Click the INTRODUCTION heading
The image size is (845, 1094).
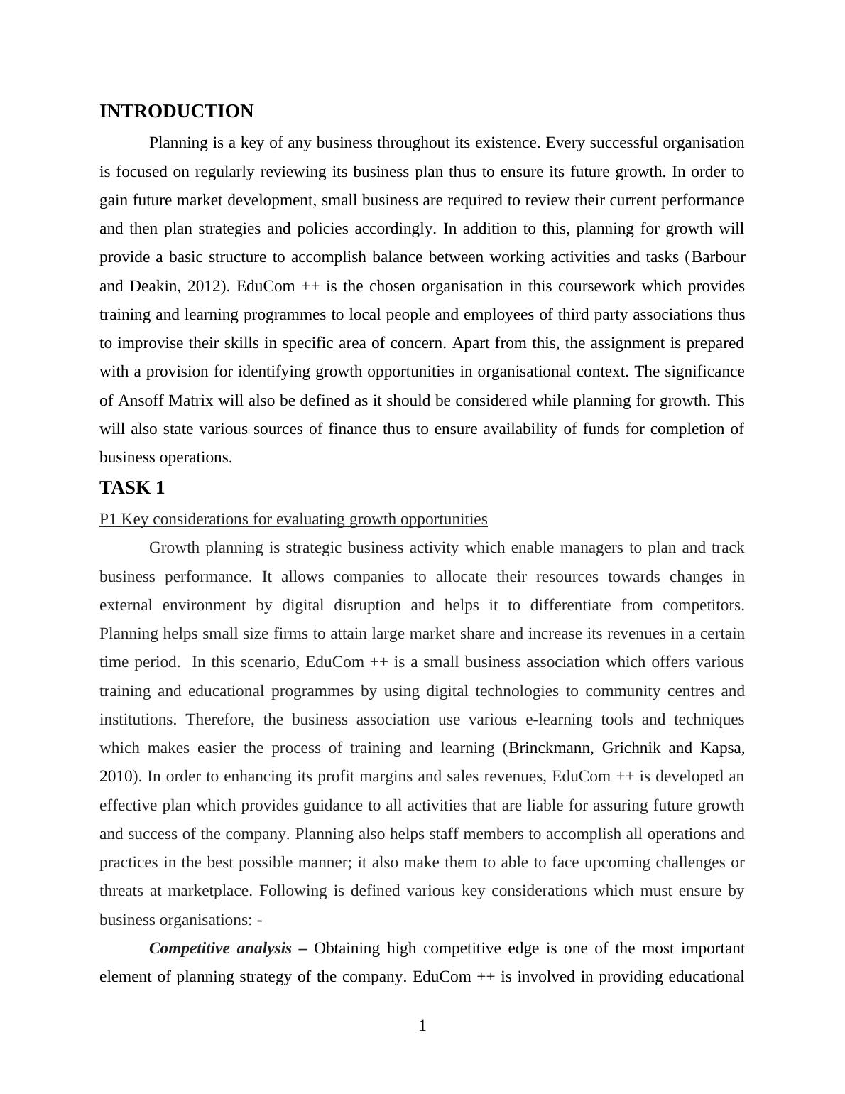point(176,112)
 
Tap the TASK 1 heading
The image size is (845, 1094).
point(132,488)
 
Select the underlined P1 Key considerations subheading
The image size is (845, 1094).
point(293,519)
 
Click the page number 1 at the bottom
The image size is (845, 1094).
point(422,1026)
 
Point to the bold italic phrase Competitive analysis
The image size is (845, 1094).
point(220,948)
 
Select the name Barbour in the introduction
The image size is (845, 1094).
point(718,257)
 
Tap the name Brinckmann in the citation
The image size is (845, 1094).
point(551,748)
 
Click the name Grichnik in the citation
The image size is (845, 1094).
point(631,748)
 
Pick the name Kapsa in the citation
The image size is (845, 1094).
point(721,748)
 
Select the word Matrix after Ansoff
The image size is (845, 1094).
point(191,401)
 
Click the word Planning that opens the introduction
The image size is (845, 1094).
point(178,143)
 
